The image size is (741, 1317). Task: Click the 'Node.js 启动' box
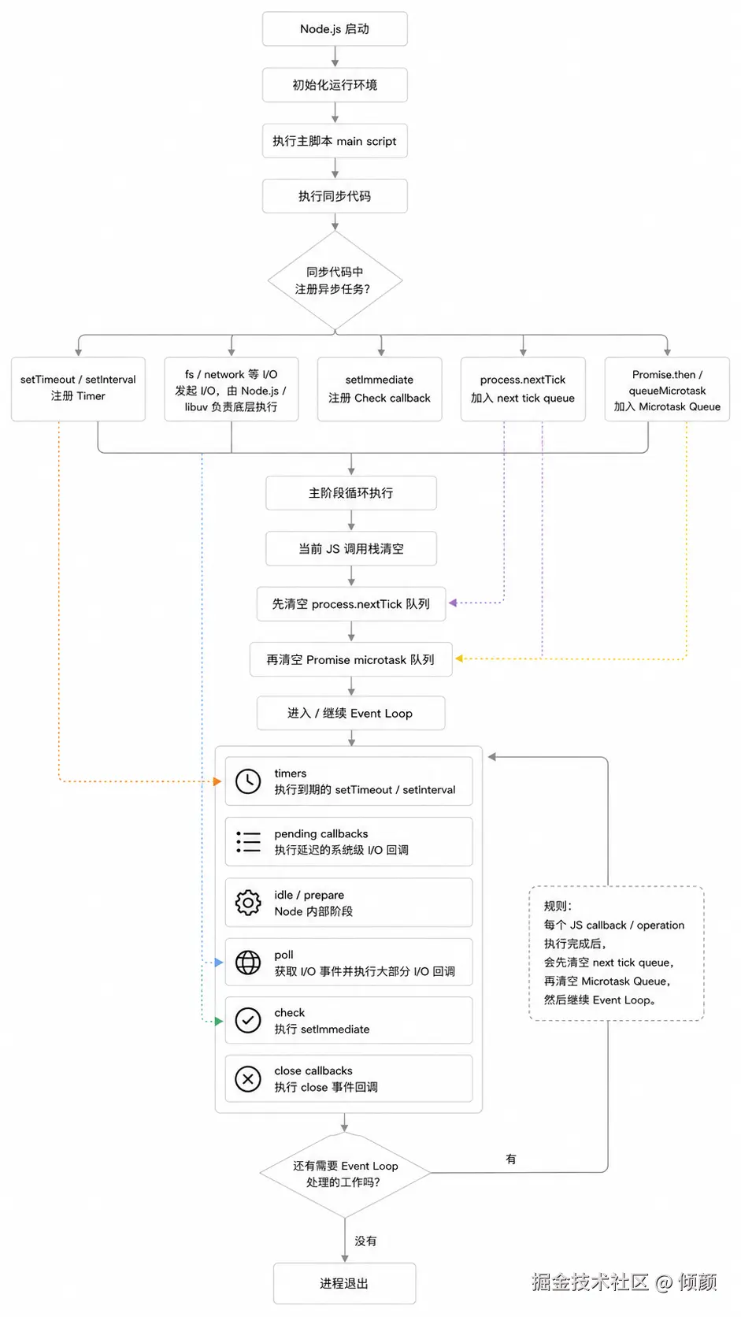click(x=335, y=29)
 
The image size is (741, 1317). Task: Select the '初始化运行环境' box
click(x=335, y=84)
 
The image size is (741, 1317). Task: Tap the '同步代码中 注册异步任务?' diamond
click(x=335, y=280)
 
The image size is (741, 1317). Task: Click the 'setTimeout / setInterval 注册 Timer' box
click(x=78, y=388)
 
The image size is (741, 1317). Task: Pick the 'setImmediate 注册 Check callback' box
click(x=380, y=388)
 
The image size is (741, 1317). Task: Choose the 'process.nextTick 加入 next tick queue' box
click(x=523, y=388)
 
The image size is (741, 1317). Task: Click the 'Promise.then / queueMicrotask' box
click(x=667, y=388)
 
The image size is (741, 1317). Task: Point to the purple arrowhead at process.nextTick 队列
click(x=453, y=603)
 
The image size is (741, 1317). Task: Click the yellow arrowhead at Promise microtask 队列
click(x=459, y=658)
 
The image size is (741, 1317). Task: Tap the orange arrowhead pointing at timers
click(x=217, y=781)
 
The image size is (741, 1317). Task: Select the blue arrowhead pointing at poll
click(x=219, y=963)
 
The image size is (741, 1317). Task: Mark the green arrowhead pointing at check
click(x=219, y=1022)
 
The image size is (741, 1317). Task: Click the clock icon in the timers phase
click(x=248, y=781)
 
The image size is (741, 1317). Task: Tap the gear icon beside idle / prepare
click(x=248, y=903)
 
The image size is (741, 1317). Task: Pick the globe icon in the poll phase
click(x=248, y=963)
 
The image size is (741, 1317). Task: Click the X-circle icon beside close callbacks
click(x=248, y=1079)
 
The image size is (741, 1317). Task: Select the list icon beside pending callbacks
click(x=248, y=842)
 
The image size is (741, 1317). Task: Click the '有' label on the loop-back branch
click(x=510, y=1159)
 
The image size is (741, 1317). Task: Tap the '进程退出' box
click(x=344, y=1283)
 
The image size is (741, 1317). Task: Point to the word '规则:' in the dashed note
click(x=558, y=906)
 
